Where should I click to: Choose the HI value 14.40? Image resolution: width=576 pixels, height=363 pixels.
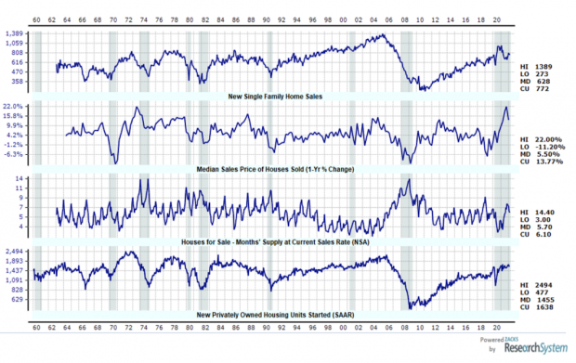[549, 214]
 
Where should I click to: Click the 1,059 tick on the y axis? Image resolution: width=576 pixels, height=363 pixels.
[16, 44]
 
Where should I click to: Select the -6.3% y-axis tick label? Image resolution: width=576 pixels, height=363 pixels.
[16, 154]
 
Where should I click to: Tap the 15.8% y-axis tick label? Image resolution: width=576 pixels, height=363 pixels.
[16, 115]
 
